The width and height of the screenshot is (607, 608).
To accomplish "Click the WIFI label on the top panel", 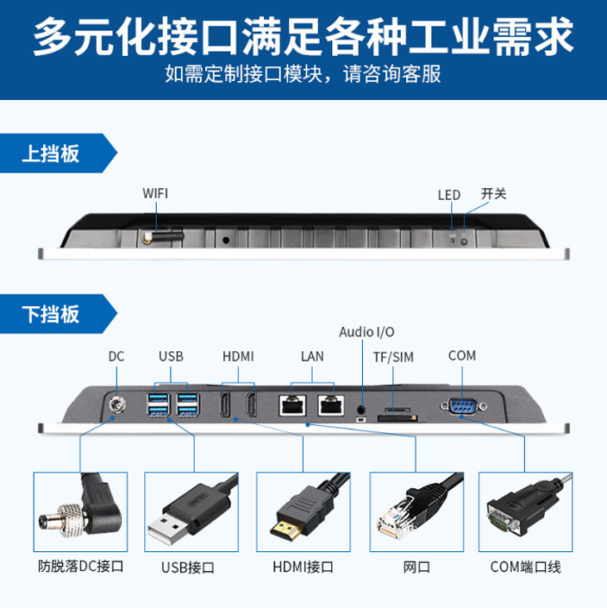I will pyautogui.click(x=155, y=193).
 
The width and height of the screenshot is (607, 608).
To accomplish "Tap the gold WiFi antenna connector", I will pyautogui.click(x=147, y=235).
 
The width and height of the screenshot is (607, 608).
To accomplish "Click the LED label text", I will pyautogui.click(x=449, y=195).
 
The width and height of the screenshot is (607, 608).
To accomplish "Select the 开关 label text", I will pyautogui.click(x=493, y=194).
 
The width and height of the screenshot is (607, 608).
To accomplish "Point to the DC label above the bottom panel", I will pyautogui.click(x=116, y=356).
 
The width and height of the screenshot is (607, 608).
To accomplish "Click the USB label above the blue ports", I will pyautogui.click(x=171, y=356).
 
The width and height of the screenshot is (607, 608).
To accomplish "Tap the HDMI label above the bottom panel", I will pyautogui.click(x=238, y=356).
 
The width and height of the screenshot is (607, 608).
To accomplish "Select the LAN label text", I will pyautogui.click(x=312, y=356).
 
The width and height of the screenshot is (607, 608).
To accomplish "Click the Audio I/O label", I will pyautogui.click(x=366, y=332).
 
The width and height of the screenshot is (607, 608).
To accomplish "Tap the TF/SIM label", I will pyautogui.click(x=393, y=357).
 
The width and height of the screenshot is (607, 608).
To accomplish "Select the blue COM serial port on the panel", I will pyautogui.click(x=462, y=404).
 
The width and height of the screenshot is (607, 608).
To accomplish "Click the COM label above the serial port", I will pyautogui.click(x=462, y=355).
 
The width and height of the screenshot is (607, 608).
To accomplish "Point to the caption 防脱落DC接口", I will pyautogui.click(x=81, y=567).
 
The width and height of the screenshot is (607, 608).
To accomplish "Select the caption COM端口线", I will pyautogui.click(x=525, y=567).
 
